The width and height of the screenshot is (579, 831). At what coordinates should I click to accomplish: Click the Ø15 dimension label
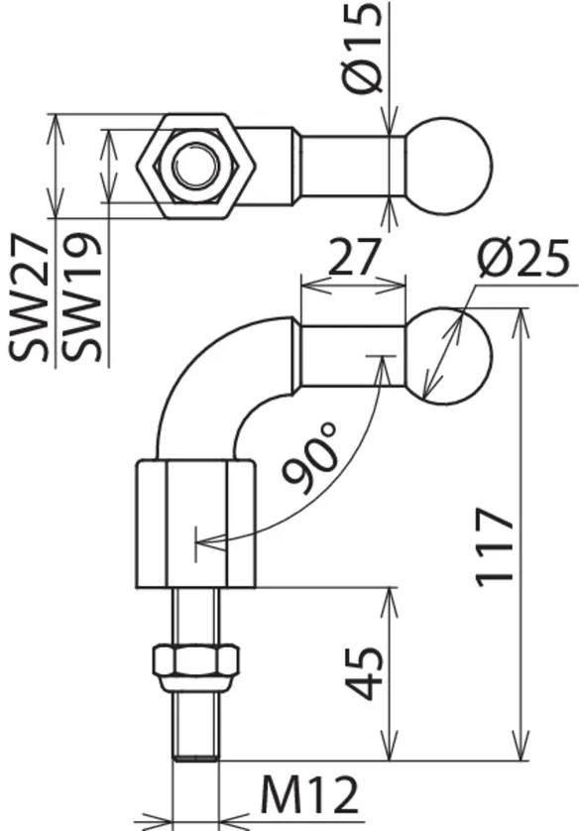pyautogui.click(x=363, y=48)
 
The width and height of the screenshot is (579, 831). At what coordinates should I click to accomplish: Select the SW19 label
pyautogui.click(x=81, y=297)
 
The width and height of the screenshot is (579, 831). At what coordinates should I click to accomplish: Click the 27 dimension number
pyautogui.click(x=354, y=257)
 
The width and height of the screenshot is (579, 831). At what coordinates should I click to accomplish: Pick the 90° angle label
pyautogui.click(x=311, y=457)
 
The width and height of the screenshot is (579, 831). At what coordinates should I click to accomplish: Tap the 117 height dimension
pyautogui.click(x=495, y=547)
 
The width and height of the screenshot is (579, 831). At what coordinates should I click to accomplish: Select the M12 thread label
pyautogui.click(x=309, y=796)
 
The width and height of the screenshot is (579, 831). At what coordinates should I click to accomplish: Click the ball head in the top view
pyautogui.click(x=449, y=166)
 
